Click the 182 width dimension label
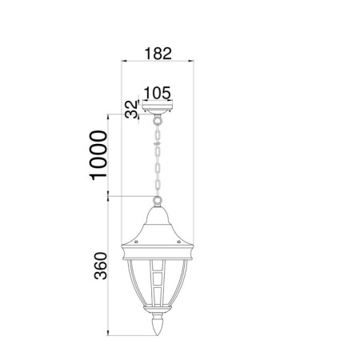point(158,54)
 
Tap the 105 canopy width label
point(157,93)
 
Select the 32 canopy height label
point(132,109)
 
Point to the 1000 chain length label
point(98,155)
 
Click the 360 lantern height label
point(101,266)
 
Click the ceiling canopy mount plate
point(158,106)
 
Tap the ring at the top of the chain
point(158,121)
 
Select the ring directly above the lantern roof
point(158,200)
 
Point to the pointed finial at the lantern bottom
point(158,325)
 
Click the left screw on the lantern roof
point(136,242)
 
